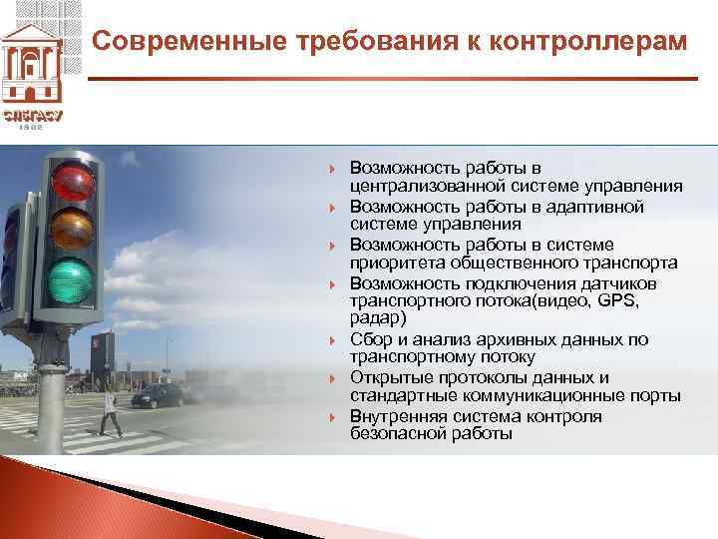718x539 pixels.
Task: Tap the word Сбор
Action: click(x=370, y=339)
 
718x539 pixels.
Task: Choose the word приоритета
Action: click(x=395, y=264)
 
